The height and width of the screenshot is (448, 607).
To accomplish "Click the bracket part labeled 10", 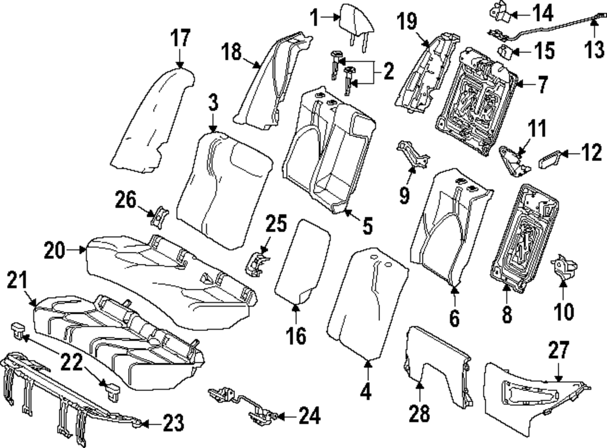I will [x=562, y=270].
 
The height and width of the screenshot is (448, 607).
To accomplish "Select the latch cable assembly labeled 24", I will [x=243, y=404].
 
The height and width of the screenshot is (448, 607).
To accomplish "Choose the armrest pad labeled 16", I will [x=302, y=261].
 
